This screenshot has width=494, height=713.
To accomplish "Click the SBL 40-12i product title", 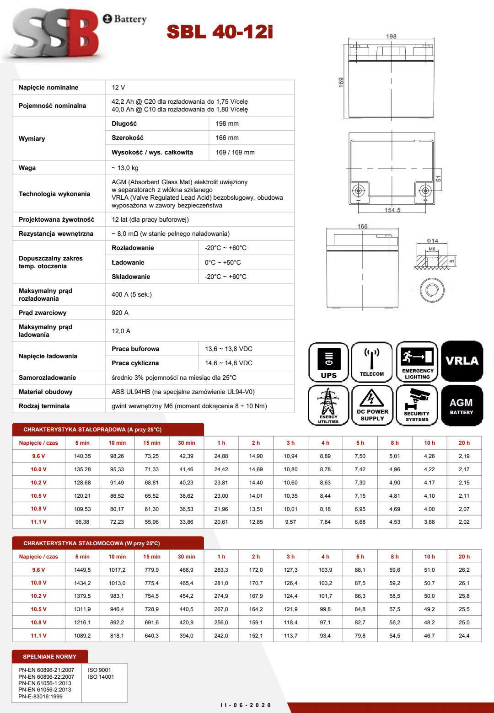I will click(220, 32).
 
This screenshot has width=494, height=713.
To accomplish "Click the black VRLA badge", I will click(462, 361).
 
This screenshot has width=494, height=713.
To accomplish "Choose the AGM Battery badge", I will click(462, 405).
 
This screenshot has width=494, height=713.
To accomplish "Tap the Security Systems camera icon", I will click(417, 405).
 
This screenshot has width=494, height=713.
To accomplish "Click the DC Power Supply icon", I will click(372, 405).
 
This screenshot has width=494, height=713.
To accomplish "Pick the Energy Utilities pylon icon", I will click(328, 405).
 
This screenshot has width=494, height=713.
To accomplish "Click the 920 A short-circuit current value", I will click(120, 313).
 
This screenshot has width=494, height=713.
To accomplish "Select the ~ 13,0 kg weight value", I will click(125, 168).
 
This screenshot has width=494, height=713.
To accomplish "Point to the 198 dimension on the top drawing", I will click(391, 37).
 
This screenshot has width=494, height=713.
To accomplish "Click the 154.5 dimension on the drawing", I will click(392, 210).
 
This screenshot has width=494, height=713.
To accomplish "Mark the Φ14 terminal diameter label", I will click(432, 241).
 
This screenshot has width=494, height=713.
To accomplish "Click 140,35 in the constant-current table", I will click(82, 456).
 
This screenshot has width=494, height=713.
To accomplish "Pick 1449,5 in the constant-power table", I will click(82, 570).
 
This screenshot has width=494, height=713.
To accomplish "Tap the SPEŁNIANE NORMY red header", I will click(50, 657).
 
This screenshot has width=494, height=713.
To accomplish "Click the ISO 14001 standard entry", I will click(101, 677).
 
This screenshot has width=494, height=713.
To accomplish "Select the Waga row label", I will click(27, 168).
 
